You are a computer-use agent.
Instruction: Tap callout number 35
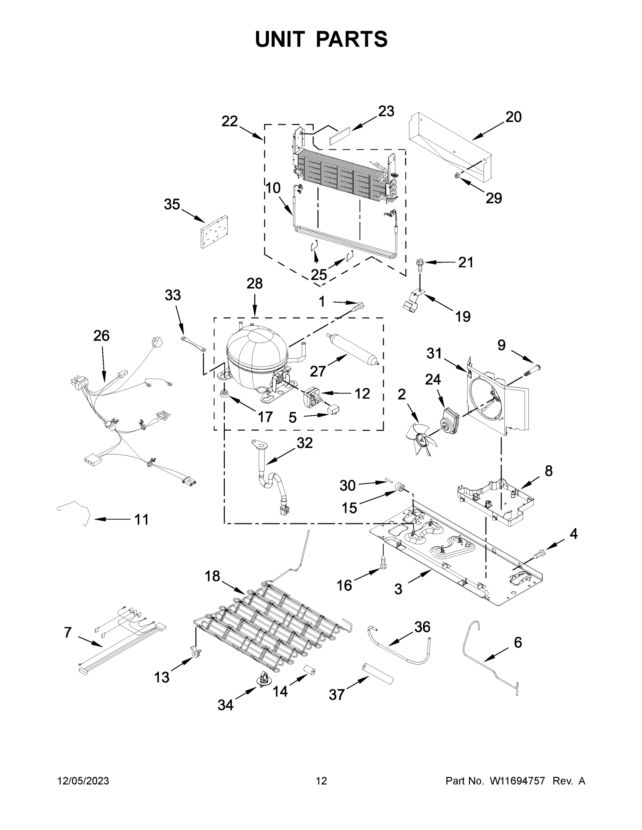172,204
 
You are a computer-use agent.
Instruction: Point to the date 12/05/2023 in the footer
83,781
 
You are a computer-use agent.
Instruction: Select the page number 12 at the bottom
322,781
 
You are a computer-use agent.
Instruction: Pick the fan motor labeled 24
450,419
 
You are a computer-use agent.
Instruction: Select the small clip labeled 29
457,175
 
